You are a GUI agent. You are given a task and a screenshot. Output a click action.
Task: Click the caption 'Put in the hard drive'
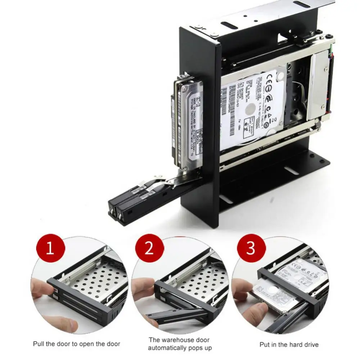(x=289, y=345)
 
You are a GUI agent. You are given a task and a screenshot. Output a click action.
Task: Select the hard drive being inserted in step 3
(x=277, y=292)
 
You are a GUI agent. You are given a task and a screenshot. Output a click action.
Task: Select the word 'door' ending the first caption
(x=113, y=344)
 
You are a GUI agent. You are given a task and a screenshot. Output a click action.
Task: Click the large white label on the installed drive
(x=252, y=108)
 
